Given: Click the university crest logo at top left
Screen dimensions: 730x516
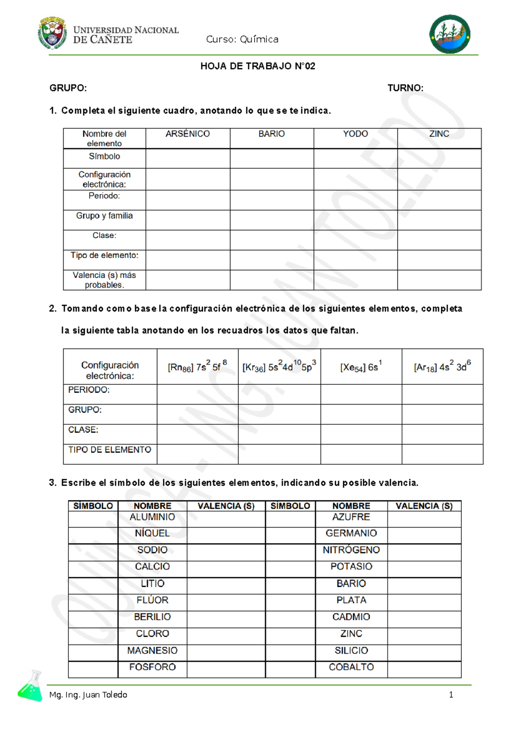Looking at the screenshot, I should (52, 33).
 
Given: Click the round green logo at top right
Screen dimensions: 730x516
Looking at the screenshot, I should (449, 34).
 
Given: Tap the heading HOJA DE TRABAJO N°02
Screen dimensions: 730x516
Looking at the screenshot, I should (258, 66).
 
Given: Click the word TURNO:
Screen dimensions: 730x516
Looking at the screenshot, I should (405, 88).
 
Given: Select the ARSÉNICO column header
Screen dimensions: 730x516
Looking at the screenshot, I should (187, 134).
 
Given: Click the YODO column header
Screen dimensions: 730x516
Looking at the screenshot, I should (355, 134).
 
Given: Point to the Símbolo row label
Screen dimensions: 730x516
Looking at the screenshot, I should (104, 156).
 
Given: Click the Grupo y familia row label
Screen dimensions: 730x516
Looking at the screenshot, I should (104, 215).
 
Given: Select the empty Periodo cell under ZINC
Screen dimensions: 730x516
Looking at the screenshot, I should (439, 200).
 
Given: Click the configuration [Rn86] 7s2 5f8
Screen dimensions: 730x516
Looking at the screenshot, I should (197, 366).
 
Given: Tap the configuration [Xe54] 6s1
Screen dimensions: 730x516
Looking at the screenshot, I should (361, 367).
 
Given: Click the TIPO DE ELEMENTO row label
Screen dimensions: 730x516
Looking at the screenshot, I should (110, 450).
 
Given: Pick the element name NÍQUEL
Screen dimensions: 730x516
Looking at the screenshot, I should (152, 533).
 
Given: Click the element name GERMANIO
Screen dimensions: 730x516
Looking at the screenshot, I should (351, 533).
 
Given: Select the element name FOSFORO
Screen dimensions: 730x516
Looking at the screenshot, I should (152, 667).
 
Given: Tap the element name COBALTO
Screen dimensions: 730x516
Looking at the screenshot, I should (351, 667).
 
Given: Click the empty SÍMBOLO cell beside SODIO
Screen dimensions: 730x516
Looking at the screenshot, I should (93, 552).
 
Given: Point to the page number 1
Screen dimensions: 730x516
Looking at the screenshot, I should (451, 695).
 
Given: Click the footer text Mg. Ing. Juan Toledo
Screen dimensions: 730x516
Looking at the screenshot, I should (88, 695).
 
